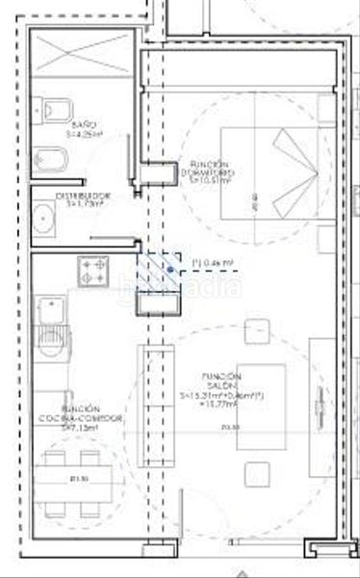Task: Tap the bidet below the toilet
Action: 46,156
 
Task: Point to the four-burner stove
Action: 95,270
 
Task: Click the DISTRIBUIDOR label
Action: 84,199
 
